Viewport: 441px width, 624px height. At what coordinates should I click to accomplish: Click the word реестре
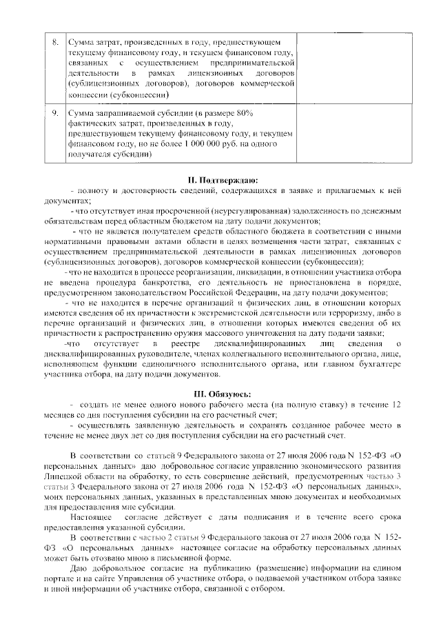click(183, 343)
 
